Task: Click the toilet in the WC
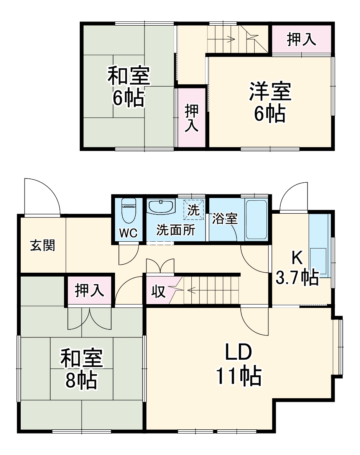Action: [128, 211]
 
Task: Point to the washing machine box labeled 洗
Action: [194, 209]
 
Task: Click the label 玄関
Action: [43, 245]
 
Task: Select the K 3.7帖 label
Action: [297, 268]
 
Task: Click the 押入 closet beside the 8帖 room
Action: [89, 290]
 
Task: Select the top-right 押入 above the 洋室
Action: [301, 40]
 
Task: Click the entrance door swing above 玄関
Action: [41, 197]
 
